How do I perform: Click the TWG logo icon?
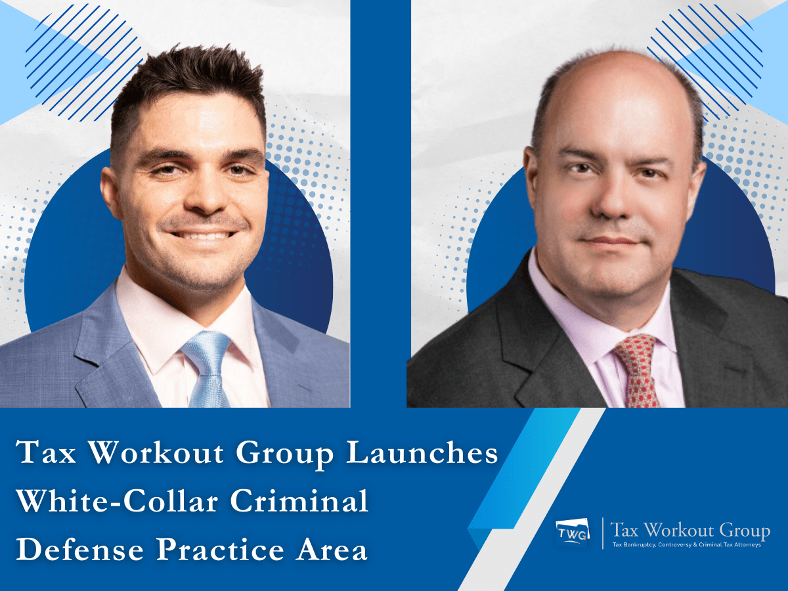(x=573, y=533)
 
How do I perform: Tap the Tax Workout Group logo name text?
(x=690, y=530)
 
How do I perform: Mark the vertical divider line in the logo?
(x=602, y=533)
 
